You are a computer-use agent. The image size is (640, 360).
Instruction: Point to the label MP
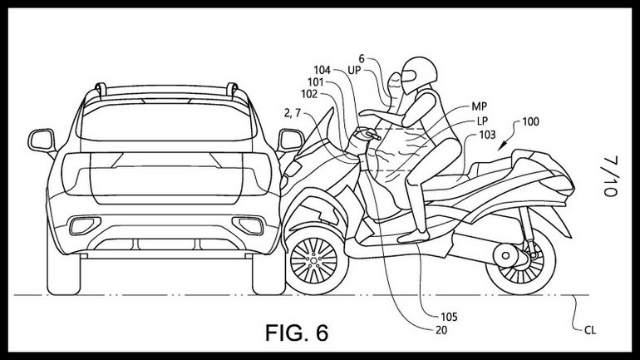[x=478, y=106]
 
